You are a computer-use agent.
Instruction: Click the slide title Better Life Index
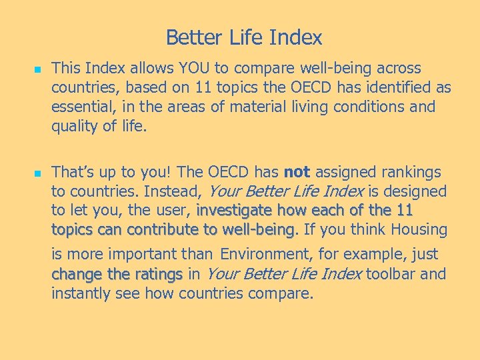pyautogui.click(x=243, y=37)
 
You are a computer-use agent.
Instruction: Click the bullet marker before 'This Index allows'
pyautogui.click(x=37, y=69)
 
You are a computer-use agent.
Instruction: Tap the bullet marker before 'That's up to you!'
pyautogui.click(x=37, y=173)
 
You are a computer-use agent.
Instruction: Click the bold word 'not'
pyautogui.click(x=296, y=173)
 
